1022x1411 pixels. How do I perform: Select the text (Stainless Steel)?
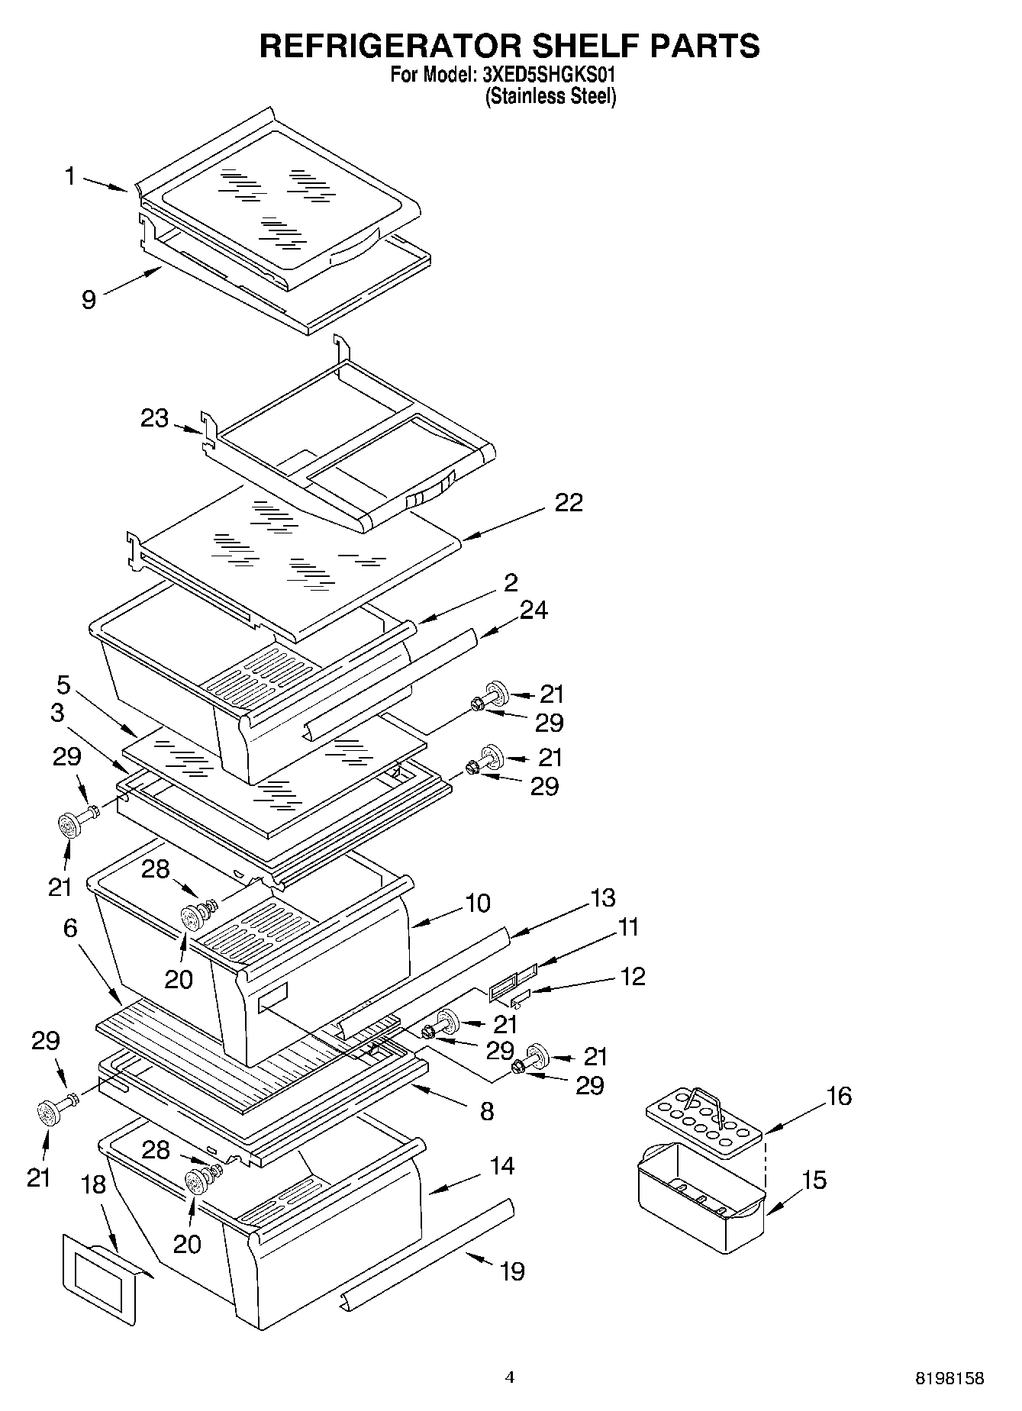550,96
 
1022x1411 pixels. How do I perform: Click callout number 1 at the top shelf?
70,177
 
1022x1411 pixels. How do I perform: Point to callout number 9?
89,300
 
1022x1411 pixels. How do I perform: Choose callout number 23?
154,418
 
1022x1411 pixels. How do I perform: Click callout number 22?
569,502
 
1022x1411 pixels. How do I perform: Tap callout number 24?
534,610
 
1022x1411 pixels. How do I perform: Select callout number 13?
603,897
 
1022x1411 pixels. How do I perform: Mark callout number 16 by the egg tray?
839,1097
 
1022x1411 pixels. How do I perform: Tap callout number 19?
513,1271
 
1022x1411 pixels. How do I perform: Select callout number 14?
502,1166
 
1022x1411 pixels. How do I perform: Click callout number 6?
70,928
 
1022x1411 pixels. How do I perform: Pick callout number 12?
633,976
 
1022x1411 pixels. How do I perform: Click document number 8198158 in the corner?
949,1378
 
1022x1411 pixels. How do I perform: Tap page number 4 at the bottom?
510,1377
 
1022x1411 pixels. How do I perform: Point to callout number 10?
477,904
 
